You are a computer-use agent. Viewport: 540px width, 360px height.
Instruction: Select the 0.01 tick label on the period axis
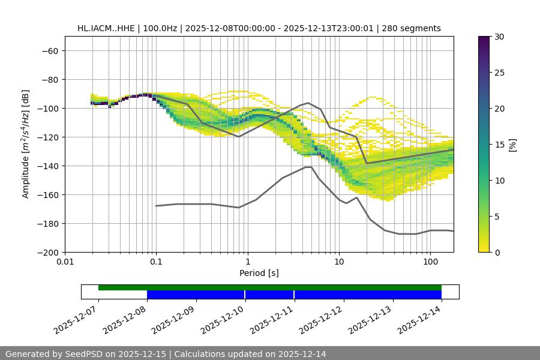click(65, 262)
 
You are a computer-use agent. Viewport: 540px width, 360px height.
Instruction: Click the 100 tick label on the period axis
click(430, 262)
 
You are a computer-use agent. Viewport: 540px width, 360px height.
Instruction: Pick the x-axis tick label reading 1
click(247, 262)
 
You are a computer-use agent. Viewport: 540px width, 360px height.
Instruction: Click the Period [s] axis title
click(259, 273)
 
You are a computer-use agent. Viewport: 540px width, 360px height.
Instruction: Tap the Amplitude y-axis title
click(26, 144)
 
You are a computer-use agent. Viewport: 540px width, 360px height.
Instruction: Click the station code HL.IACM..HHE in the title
click(106, 28)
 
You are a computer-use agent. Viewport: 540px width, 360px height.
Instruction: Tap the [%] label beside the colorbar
click(513, 145)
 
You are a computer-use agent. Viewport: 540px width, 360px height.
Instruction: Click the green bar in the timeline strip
click(270, 287)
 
